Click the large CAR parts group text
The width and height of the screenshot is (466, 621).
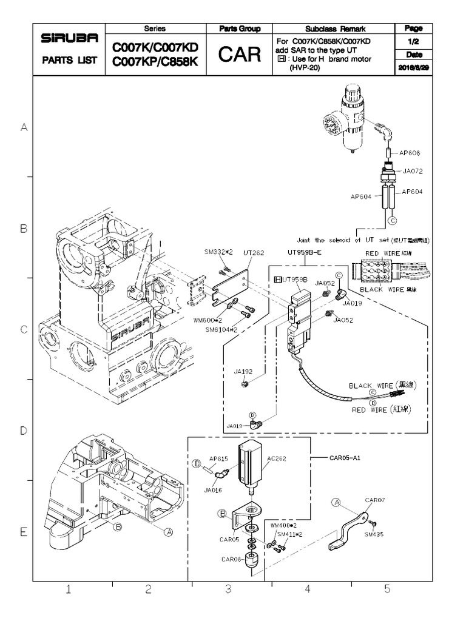pos(239,56)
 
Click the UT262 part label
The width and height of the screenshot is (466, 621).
pos(254,252)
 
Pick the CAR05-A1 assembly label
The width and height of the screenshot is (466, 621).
pos(345,458)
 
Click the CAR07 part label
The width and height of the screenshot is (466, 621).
pos(375,501)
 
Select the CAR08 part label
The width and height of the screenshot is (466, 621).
pos(232,559)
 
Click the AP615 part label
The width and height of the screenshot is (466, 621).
pos(218,459)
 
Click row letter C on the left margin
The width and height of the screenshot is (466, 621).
pos(24,330)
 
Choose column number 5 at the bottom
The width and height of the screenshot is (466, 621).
pos(387,589)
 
